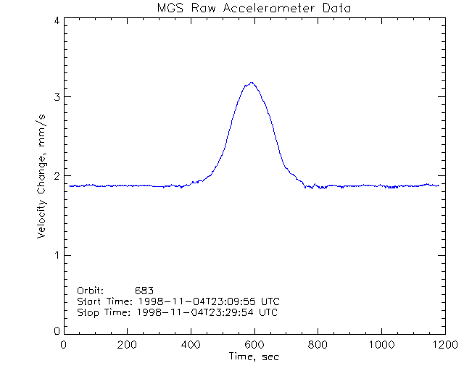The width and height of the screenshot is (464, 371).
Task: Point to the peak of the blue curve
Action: point(252,83)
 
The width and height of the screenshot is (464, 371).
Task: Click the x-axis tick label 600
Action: point(254,345)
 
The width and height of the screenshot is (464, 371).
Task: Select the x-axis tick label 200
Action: point(127,345)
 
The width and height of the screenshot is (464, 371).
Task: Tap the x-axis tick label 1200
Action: point(442,345)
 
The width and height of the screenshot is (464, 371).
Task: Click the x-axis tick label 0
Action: point(64,345)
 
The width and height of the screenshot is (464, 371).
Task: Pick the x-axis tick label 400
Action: point(191,345)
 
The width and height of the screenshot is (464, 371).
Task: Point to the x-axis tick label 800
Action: point(317,345)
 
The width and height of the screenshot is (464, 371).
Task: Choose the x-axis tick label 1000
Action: point(379,345)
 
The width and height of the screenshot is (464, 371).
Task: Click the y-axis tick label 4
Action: point(56,21)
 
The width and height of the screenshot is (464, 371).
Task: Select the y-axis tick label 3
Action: point(56,97)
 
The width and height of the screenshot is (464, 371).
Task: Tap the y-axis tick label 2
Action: point(56,176)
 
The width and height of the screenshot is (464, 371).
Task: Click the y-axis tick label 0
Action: point(56,330)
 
